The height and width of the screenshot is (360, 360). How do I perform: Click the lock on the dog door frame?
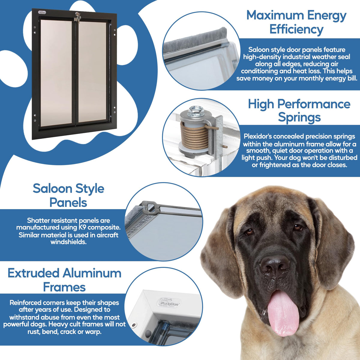[78, 17]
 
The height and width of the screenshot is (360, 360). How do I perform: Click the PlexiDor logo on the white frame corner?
[168, 304]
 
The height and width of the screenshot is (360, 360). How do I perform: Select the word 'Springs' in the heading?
[299, 118]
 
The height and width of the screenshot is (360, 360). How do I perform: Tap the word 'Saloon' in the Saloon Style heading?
[51, 189]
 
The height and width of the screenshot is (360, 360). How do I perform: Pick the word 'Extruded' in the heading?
[33, 274]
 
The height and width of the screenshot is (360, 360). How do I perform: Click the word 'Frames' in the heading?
[64, 287]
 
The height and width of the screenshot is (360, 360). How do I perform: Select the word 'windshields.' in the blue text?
[69, 242]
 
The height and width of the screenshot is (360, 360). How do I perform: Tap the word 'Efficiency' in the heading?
[296, 29]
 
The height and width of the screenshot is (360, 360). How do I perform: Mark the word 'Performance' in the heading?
[314, 104]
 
